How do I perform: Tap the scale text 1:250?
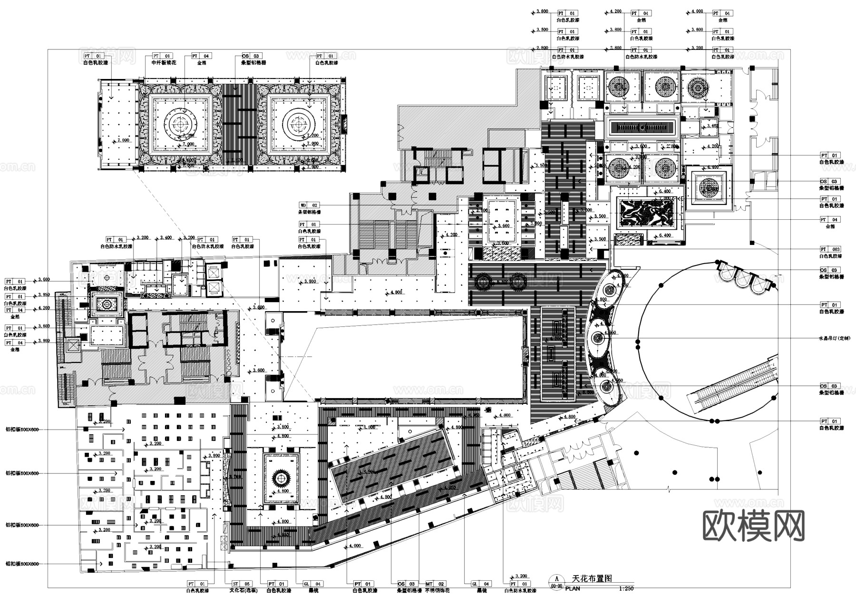click(x=627, y=588)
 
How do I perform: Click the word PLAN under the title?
click(x=573, y=588)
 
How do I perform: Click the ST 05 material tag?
click(x=242, y=584)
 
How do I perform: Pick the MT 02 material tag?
click(x=435, y=584)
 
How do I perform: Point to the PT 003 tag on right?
click(x=830, y=249)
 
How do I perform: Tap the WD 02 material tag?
click(x=309, y=206)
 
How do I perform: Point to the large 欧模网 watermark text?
click(x=753, y=526)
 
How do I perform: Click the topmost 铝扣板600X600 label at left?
click(x=22, y=430)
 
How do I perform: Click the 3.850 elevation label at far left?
click(x=43, y=295)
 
